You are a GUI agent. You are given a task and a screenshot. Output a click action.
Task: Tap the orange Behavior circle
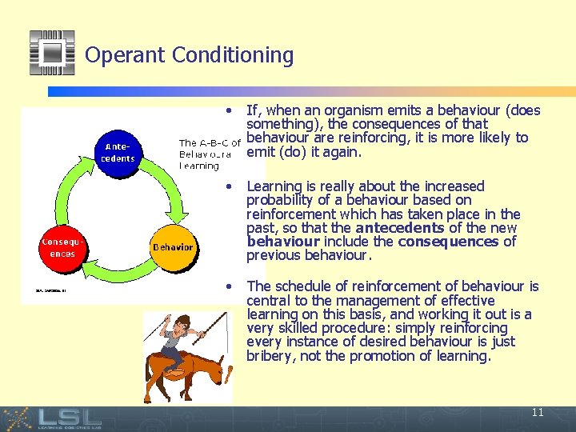pos(173,247)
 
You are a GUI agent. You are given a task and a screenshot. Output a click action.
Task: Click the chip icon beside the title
pos(52,53)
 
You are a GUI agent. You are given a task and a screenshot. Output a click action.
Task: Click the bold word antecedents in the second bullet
pos(394,227)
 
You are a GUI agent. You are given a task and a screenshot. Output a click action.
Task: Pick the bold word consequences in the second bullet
pos(448,241)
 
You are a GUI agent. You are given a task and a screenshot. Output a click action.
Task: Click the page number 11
pos(537,413)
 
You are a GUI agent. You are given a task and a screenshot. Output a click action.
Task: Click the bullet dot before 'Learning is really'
pos(230,186)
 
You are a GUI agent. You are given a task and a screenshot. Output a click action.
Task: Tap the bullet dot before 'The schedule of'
pos(230,286)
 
